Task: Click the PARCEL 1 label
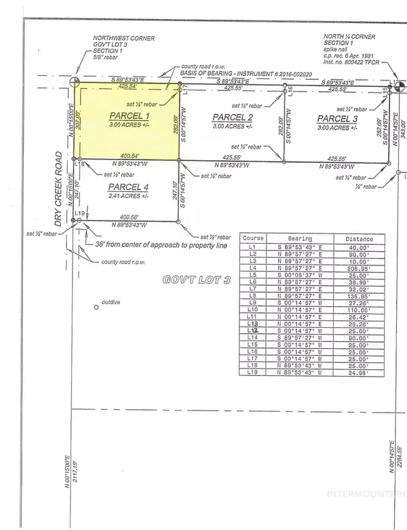(x=128, y=116)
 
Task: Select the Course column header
(x=254, y=239)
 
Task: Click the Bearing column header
(x=299, y=239)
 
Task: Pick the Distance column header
(x=358, y=239)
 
